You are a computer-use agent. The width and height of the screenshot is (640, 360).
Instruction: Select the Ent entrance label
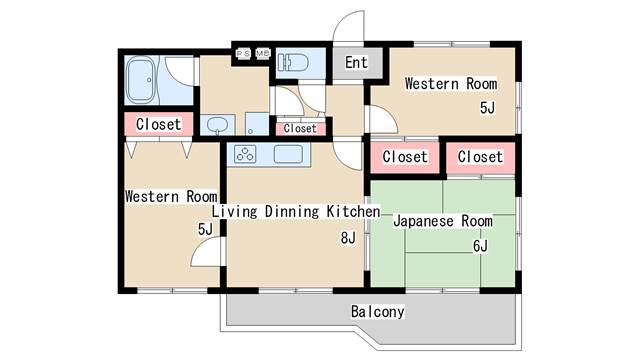tap(356, 62)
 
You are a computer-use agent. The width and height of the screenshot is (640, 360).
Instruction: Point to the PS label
tap(243, 53)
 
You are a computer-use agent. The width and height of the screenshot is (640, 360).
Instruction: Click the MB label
tap(263, 53)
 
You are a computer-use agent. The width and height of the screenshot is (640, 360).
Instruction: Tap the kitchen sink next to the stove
tap(288, 154)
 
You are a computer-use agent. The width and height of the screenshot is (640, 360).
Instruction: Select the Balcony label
tap(378, 312)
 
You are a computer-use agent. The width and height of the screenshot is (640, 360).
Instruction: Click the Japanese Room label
tap(442, 220)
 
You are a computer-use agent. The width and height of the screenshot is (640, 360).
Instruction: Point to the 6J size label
tap(479, 245)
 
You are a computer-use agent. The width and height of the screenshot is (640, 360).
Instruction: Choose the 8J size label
tap(347, 237)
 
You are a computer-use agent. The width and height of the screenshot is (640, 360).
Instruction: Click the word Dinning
tap(295, 212)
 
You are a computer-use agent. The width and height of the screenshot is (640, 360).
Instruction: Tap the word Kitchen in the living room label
tap(354, 212)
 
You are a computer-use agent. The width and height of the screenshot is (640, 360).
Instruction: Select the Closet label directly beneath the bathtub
tap(159, 124)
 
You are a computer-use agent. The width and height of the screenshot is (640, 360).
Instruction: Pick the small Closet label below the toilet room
tap(300, 128)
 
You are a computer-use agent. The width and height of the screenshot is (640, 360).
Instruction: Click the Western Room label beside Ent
tap(450, 84)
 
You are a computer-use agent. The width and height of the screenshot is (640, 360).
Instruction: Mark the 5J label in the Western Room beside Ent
tap(487, 108)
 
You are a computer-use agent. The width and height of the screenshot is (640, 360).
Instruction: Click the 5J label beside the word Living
tap(205, 229)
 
